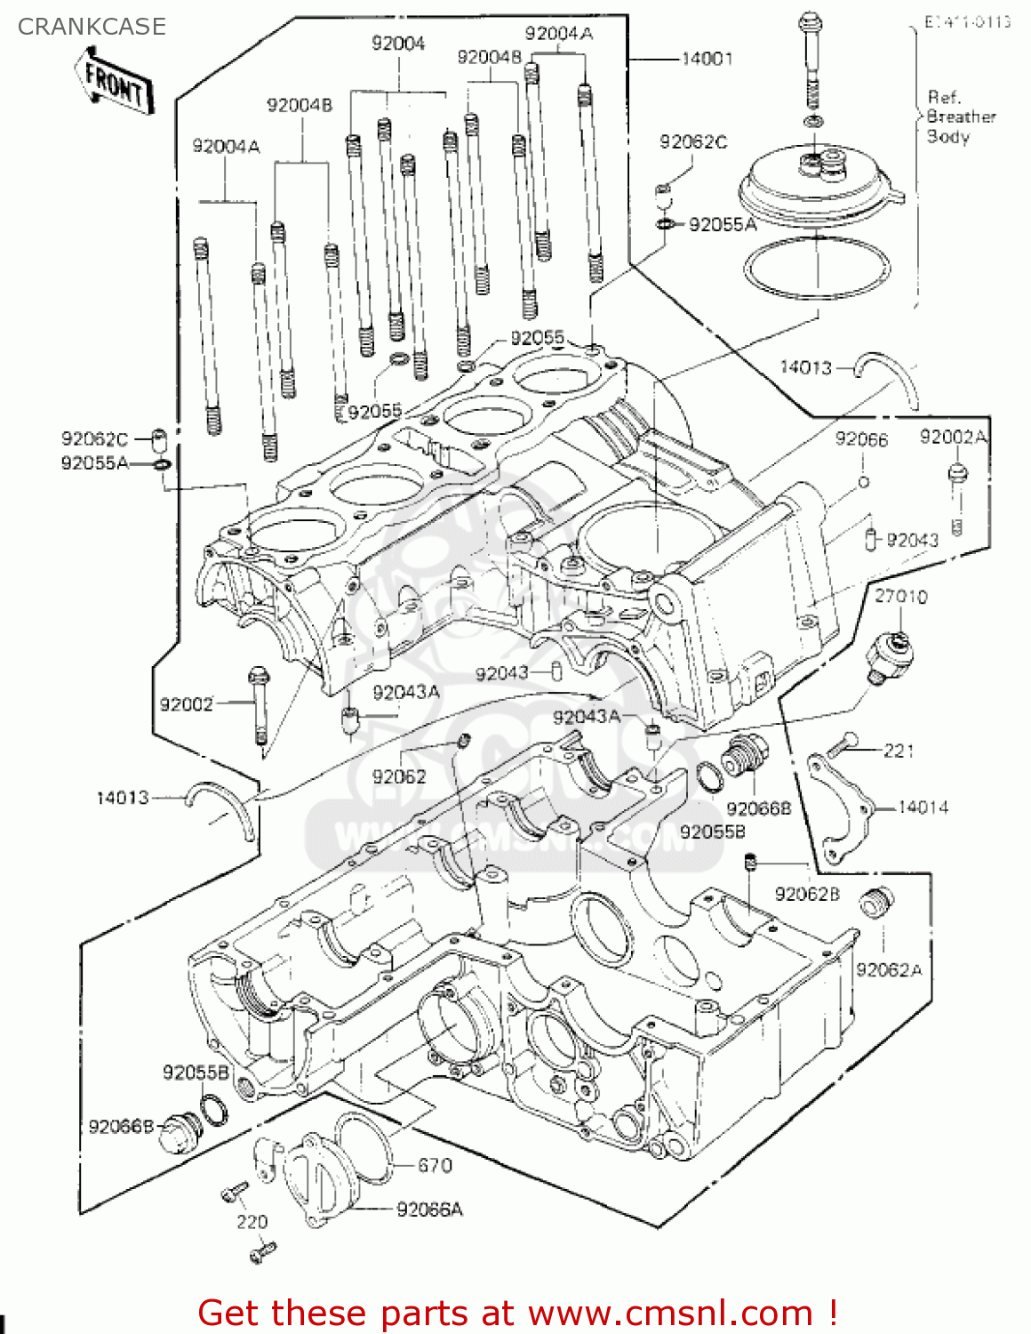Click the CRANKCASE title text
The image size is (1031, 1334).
[x=92, y=27]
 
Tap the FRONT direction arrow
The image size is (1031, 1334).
[x=115, y=83]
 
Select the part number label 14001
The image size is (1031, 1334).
[x=707, y=59]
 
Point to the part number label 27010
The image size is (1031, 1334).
[x=900, y=596]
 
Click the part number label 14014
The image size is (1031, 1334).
[x=923, y=808]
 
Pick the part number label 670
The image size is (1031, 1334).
[x=435, y=1165]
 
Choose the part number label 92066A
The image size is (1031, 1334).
[x=429, y=1209]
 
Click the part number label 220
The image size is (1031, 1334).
[x=252, y=1222]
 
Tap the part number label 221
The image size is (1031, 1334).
[x=898, y=751]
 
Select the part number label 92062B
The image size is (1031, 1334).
[x=806, y=894]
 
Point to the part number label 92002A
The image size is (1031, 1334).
[x=953, y=437]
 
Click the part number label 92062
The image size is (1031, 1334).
[x=399, y=776]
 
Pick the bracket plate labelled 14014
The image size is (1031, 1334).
[x=839, y=805]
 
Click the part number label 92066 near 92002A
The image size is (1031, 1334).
[x=860, y=439]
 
